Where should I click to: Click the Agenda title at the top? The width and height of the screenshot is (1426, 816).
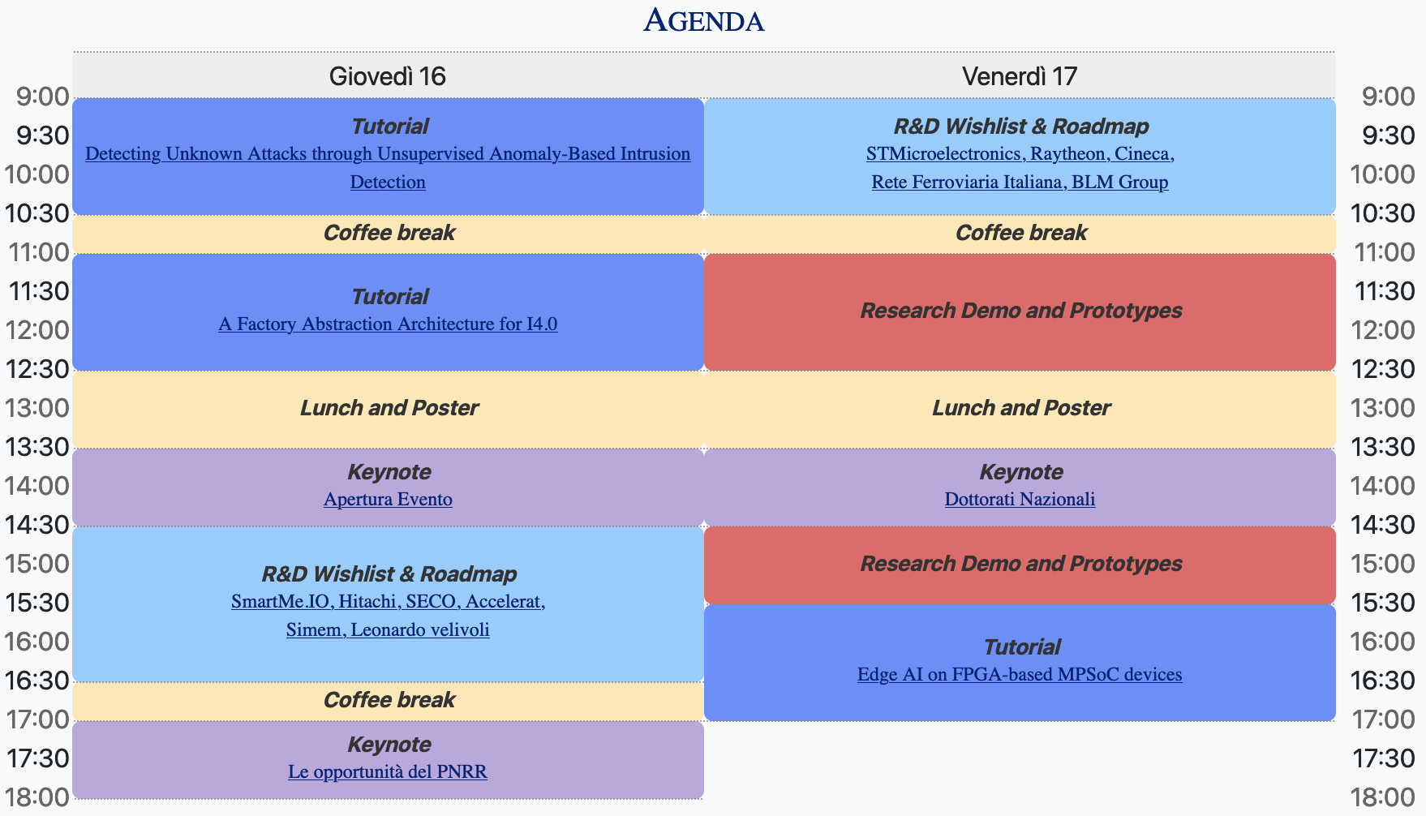(x=704, y=20)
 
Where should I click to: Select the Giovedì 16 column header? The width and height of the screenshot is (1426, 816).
(x=388, y=76)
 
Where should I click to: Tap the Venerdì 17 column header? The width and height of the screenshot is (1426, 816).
(x=1020, y=76)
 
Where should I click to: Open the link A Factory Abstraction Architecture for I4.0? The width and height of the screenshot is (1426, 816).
(x=388, y=324)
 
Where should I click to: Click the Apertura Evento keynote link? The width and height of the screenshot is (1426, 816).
(x=388, y=499)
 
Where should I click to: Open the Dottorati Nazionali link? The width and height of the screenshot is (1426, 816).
(x=1020, y=499)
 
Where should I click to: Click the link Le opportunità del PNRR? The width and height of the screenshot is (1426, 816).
(x=388, y=771)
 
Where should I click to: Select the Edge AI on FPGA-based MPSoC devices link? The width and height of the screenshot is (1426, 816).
(x=1020, y=674)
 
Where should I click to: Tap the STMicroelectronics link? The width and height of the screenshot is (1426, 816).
(x=945, y=153)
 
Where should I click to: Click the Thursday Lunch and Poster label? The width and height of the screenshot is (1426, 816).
(x=389, y=407)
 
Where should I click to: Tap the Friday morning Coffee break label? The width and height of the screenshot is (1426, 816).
(x=1021, y=233)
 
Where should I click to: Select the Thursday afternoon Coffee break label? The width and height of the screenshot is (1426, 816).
(x=389, y=700)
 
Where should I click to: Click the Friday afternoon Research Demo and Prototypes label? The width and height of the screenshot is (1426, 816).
(x=1021, y=564)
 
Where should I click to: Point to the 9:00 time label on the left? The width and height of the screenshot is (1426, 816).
(x=42, y=97)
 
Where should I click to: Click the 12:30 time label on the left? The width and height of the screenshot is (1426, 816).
(x=37, y=369)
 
